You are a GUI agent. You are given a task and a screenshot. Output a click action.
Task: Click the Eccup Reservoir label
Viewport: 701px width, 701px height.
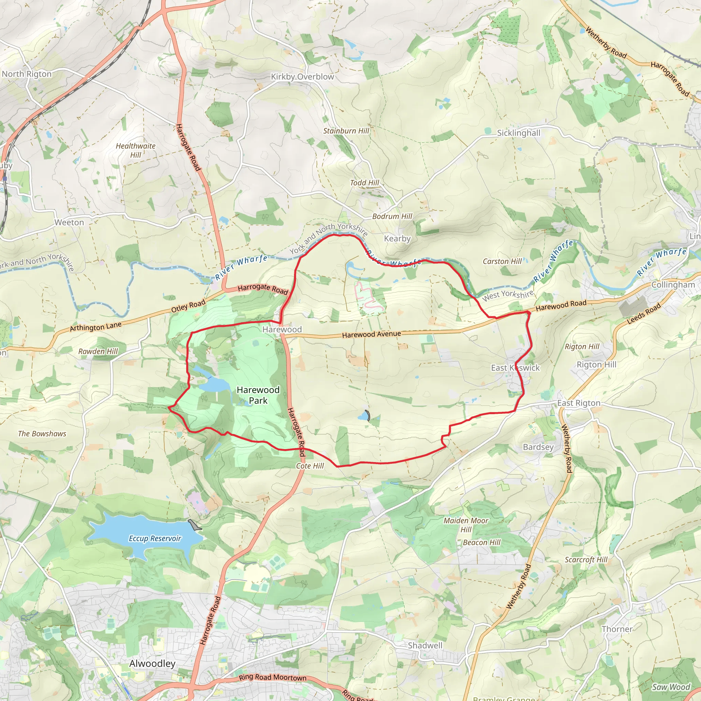tap(155, 538)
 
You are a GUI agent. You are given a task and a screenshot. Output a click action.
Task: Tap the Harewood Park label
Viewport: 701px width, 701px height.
tap(258, 395)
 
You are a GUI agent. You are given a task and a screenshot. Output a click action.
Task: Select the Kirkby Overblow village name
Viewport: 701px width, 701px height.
tap(302, 77)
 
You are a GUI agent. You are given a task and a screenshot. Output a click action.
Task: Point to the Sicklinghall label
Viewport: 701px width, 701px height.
tap(519, 133)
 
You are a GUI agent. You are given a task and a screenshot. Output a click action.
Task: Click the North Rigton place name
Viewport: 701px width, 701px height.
tap(27, 74)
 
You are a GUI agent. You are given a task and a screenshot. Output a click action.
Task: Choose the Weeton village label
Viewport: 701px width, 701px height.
tap(69, 222)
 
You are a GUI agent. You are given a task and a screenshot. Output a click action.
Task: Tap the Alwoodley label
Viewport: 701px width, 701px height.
tap(152, 663)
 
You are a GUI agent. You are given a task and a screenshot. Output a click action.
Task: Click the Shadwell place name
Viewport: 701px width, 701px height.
tap(425, 645)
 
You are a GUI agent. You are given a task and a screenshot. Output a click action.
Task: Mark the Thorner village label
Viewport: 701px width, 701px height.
tap(617, 629)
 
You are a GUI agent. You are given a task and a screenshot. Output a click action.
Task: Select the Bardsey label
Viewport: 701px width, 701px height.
tap(538, 447)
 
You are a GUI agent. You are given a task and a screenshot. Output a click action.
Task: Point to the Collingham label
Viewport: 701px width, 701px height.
tap(673, 284)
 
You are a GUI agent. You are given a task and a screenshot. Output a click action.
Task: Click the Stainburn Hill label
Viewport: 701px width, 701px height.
tap(346, 131)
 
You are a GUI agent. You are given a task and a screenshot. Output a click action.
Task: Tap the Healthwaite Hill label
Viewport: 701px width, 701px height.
tap(136, 150)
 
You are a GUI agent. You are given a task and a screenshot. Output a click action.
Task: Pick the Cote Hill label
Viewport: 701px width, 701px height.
tap(310, 466)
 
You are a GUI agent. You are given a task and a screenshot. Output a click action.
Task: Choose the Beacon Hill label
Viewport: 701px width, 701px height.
tap(482, 543)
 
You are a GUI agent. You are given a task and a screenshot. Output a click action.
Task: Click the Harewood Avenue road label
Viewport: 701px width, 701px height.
tap(371, 334)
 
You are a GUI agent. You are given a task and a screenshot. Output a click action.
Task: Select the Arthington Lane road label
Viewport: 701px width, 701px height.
tap(95, 327)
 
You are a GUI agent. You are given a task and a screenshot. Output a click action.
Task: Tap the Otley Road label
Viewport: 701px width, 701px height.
tap(188, 306)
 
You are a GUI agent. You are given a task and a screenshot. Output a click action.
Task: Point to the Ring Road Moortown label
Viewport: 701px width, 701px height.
tap(272, 678)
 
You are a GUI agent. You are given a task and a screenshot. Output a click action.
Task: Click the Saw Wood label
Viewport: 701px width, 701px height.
tap(671, 687)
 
